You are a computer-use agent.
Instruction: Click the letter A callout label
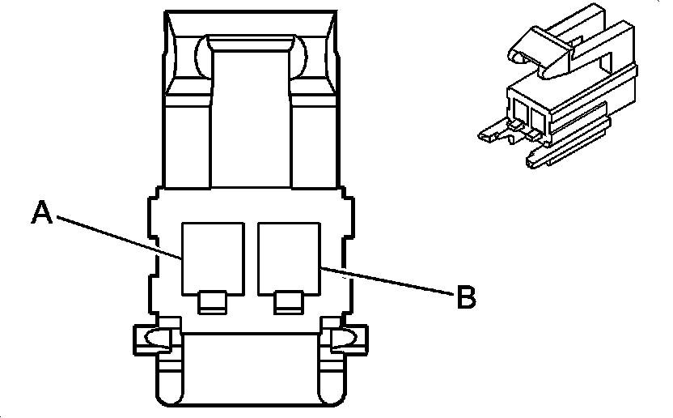(42, 213)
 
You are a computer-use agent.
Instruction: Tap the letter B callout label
(465, 297)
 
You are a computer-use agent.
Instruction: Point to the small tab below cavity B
(287, 302)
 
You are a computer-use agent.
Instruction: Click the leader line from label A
(113, 236)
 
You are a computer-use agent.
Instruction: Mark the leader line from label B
(388, 279)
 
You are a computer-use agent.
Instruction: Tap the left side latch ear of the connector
(153, 339)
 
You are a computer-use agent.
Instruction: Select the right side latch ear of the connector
(344, 339)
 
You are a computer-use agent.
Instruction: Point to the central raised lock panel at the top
(250, 105)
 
